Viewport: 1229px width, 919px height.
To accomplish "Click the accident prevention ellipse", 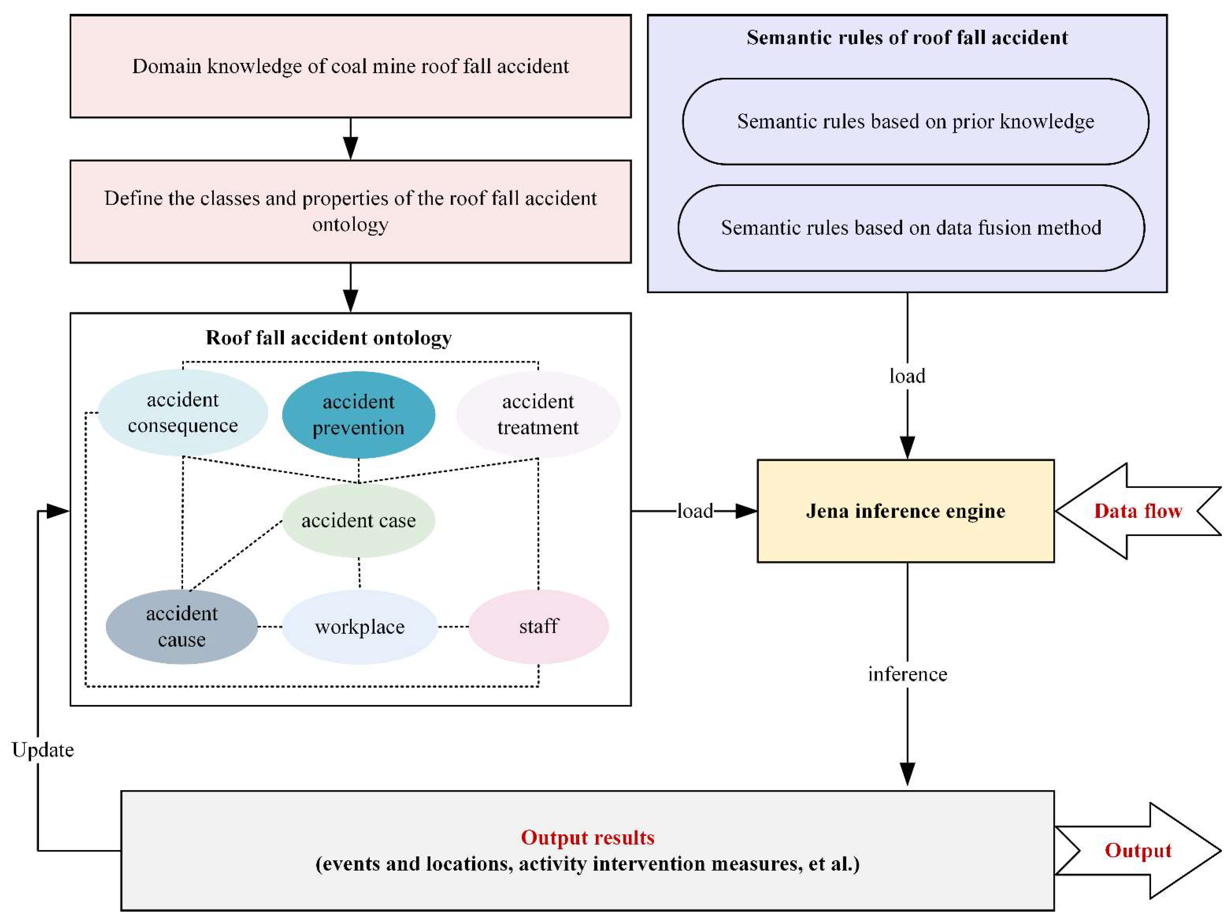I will tap(358, 415).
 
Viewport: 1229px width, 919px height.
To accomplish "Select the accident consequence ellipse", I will tap(183, 412).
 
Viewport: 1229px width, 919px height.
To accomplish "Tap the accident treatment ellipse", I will tap(538, 415).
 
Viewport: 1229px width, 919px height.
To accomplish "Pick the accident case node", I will tap(358, 520).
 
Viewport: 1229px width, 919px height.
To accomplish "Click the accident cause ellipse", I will tap(182, 627).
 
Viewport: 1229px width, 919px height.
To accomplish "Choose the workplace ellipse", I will tap(359, 627).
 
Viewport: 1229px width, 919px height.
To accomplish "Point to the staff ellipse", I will tap(538, 627).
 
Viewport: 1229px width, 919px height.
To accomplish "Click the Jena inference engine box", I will tap(906, 511).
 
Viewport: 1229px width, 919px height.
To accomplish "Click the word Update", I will tap(43, 750).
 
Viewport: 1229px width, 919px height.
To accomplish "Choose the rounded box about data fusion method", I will tap(911, 228).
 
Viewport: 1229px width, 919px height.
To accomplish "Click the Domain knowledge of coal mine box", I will tap(350, 66).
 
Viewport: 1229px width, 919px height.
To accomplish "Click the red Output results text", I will tap(587, 837).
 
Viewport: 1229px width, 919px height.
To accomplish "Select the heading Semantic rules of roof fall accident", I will tap(907, 37).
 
